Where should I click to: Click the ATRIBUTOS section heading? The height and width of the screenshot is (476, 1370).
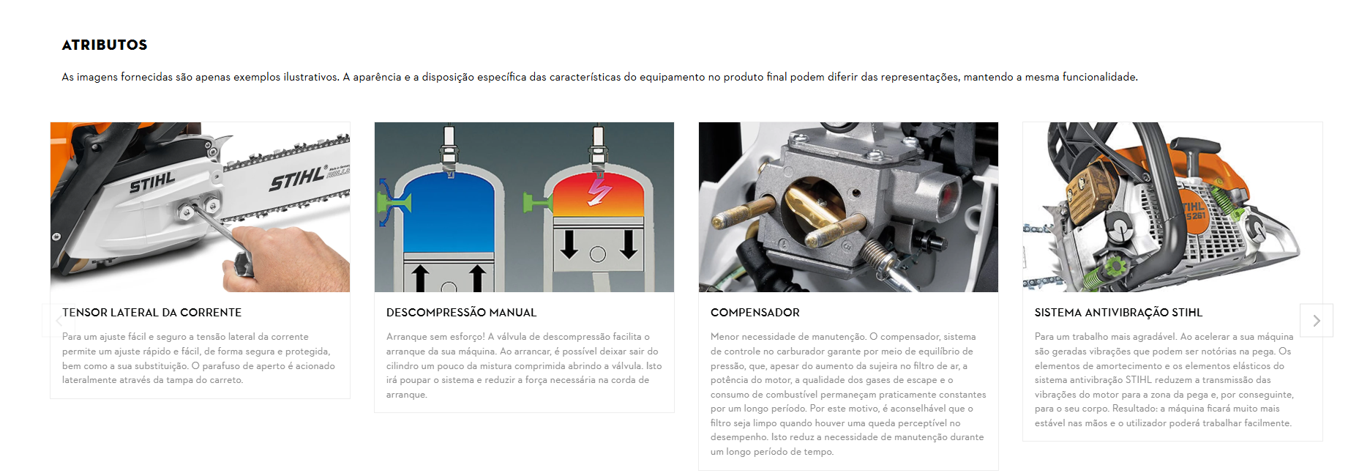point(105,45)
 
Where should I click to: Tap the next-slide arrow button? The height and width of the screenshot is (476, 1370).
point(1317,321)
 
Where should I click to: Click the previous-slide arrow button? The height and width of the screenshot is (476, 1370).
point(59,321)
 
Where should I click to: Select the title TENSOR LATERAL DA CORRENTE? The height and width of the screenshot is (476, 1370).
point(151,313)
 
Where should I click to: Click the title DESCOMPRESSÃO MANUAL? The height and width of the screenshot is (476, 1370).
point(461,313)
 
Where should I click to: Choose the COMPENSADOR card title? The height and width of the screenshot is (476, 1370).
point(755,313)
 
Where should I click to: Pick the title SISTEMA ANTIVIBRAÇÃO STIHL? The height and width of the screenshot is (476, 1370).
point(1118,313)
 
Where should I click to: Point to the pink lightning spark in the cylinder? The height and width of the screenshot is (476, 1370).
point(599,193)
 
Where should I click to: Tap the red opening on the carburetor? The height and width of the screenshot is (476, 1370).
point(948,194)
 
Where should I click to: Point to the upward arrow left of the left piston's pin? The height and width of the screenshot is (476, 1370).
point(420,279)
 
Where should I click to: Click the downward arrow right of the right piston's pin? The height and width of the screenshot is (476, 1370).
point(628,245)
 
